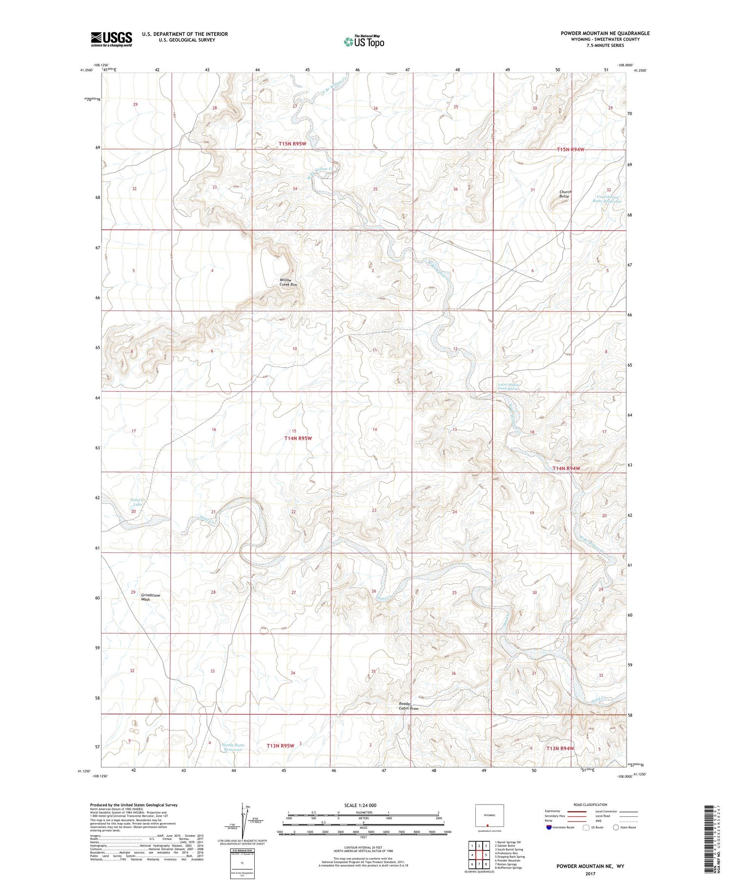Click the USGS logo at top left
(x=111, y=39)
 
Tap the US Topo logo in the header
(x=364, y=41)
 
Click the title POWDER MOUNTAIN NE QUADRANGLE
(x=605, y=33)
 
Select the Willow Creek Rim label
(x=288, y=282)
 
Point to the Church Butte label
(x=565, y=194)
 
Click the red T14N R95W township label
(x=298, y=438)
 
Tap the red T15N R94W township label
(x=570, y=150)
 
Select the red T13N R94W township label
(x=560, y=748)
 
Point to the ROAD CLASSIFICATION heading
(x=590, y=805)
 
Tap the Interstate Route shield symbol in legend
(x=549, y=827)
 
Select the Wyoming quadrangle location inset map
(x=489, y=816)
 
